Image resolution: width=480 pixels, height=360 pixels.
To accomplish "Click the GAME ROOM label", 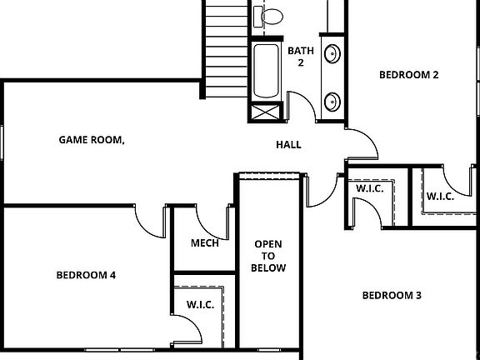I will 91,139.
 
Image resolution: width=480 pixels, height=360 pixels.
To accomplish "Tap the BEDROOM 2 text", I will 408,74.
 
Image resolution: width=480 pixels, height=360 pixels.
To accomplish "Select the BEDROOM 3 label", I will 392,295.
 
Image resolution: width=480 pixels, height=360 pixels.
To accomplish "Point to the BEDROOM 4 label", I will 86,275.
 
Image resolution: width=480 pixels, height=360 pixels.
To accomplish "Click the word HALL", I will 288,145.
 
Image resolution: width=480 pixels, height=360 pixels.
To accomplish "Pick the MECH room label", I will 204,243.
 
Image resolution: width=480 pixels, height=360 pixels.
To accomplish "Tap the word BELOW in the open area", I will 269,268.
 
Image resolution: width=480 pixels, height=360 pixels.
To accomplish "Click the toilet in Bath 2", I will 272,14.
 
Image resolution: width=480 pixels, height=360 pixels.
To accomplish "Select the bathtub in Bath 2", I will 267,72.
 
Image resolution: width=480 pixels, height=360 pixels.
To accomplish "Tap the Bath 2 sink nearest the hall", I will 331,102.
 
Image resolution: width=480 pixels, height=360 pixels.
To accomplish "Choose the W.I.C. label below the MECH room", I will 201,305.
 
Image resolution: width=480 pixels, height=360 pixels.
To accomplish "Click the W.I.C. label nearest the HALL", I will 369,189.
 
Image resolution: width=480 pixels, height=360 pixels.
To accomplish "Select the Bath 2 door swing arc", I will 302,103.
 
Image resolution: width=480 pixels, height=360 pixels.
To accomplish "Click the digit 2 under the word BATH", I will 300,62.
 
